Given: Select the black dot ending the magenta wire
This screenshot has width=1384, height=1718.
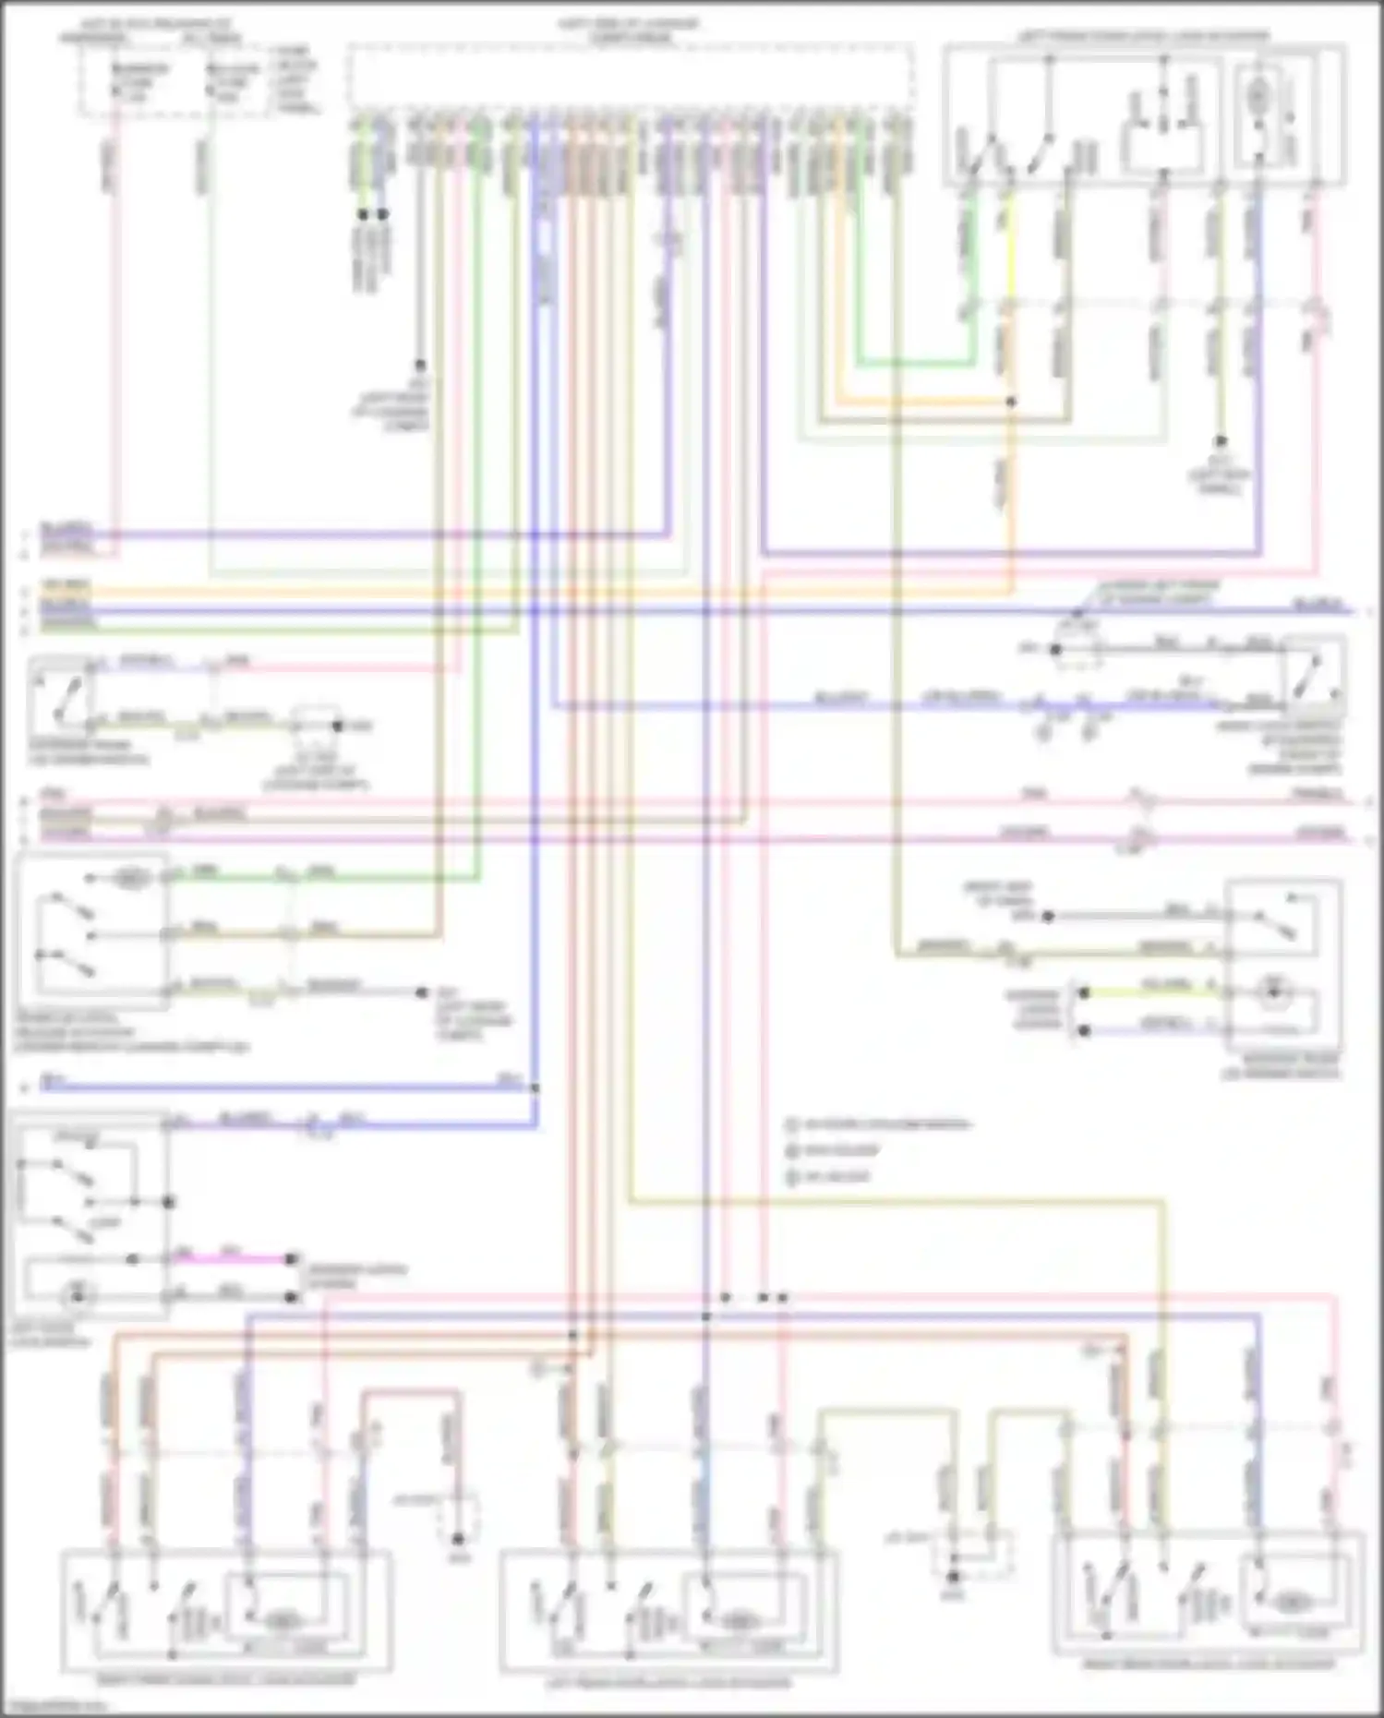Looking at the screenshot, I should pos(292,1259).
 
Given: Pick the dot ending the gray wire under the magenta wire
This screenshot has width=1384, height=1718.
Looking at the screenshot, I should pos(292,1296).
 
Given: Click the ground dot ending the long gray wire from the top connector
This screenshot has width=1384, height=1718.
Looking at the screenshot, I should pos(420,366).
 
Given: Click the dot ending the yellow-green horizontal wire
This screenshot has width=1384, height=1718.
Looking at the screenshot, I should pos(1085,992).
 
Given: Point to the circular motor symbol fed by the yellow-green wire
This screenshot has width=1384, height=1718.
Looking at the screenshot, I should pos(1274,992).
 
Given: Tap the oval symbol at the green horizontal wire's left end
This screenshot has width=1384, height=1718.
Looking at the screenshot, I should pos(131,878).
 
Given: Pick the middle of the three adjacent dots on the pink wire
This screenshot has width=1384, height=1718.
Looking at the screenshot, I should pos(764,1298).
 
